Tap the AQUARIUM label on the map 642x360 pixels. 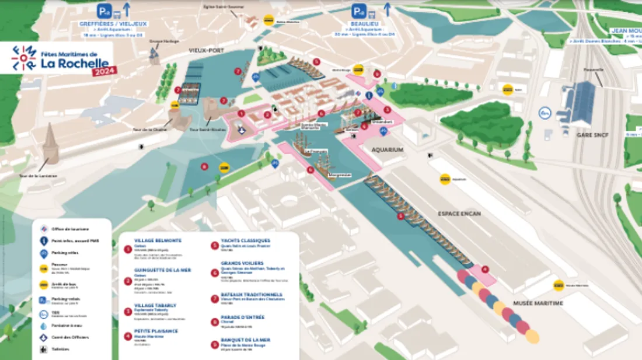click(x=388, y=149)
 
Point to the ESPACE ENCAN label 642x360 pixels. click(x=459, y=214)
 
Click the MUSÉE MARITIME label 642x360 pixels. click(x=538, y=303)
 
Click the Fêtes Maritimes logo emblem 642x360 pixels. click(x=24, y=58)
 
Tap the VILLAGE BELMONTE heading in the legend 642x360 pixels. click(x=158, y=240)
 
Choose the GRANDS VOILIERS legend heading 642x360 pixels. click(x=242, y=263)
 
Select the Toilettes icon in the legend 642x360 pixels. click(x=44, y=349)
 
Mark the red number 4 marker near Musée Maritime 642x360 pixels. click(x=484, y=269)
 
